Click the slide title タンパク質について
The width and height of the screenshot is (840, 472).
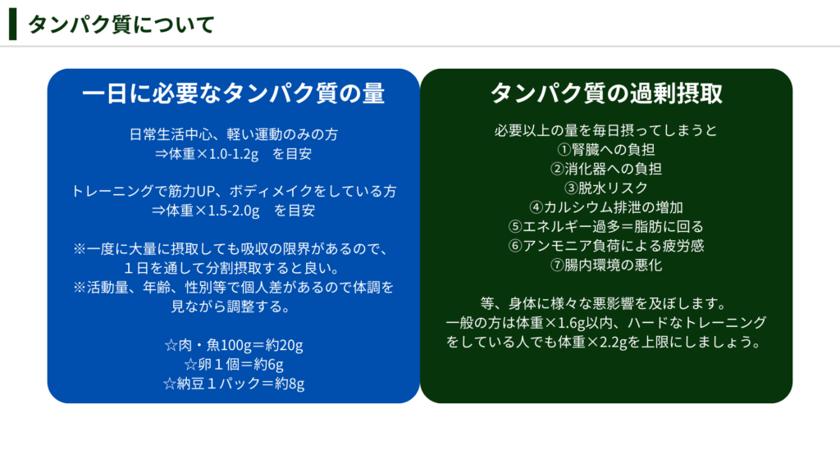121,25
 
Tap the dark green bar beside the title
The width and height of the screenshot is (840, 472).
13,24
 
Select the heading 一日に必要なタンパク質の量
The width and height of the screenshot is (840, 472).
234,93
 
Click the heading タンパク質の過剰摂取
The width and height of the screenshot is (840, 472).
606,93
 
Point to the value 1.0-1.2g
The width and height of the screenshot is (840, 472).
234,154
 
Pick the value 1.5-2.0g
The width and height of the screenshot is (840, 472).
234,211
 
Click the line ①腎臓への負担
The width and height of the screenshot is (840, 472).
606,150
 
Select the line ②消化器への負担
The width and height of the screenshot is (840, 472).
606,169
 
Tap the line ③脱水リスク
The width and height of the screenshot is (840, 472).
606,188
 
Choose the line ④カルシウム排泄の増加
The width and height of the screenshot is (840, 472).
606,207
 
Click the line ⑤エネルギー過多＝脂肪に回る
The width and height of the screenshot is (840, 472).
606,227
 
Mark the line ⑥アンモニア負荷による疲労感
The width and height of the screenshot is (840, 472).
606,246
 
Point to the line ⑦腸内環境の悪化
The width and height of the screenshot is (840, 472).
606,265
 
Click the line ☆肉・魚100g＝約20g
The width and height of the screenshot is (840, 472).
234,346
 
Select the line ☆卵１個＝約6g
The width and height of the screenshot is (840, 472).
234,365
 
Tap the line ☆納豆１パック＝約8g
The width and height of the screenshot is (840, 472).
234,384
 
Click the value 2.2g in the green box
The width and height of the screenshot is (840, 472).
614,343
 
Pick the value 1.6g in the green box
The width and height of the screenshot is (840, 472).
571,323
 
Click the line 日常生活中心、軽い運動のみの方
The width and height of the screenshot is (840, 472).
234,134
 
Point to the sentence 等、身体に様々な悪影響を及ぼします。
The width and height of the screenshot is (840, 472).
603,304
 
